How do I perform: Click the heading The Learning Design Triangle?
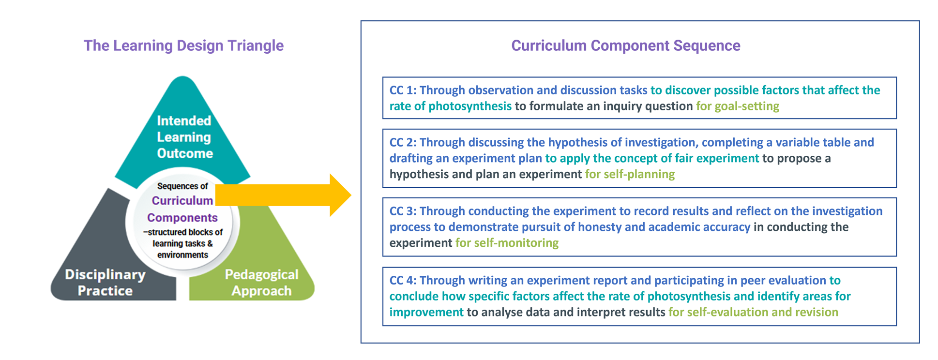[183, 45]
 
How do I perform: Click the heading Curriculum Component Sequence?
[626, 45]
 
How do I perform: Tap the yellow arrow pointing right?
[283, 195]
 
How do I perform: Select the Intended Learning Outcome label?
[184, 137]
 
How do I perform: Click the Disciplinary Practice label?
[105, 283]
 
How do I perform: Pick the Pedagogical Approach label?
[261, 283]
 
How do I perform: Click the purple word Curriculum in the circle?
[182, 200]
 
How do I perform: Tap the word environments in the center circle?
[182, 255]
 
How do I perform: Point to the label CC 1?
[403, 90]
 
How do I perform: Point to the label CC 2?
[403, 142]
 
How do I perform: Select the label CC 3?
[403, 211]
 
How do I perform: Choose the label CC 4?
[403, 280]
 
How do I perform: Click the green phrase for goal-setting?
[738, 106]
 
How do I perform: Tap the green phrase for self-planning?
[630, 174]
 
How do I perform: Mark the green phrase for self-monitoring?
[507, 243]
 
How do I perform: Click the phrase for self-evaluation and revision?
[753, 312]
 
